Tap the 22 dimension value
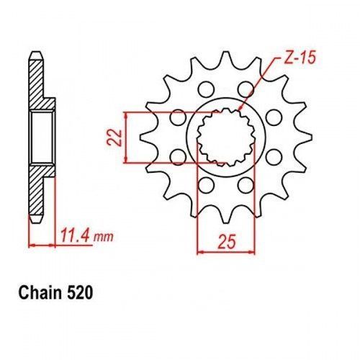(114, 138)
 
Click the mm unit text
(103, 238)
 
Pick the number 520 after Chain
(79, 293)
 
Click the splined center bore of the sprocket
(226, 138)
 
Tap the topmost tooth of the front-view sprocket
(226, 58)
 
